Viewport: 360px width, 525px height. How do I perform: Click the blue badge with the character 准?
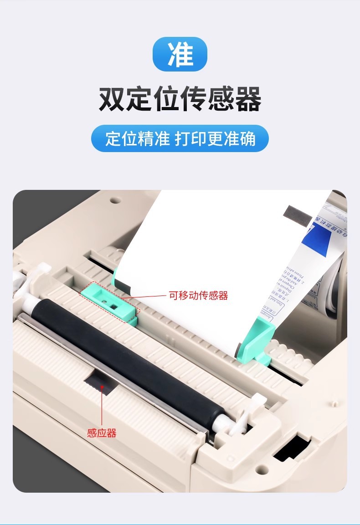coord(180,54)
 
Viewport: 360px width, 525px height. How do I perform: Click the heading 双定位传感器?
coord(180,99)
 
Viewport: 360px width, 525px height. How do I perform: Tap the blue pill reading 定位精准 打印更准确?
coord(180,138)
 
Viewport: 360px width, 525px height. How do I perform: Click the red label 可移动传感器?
coord(198,296)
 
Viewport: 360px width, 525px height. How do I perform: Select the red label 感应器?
coord(102,433)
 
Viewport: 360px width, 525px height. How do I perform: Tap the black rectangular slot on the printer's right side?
coord(292,446)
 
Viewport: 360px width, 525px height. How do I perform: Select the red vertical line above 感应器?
coord(102,405)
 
